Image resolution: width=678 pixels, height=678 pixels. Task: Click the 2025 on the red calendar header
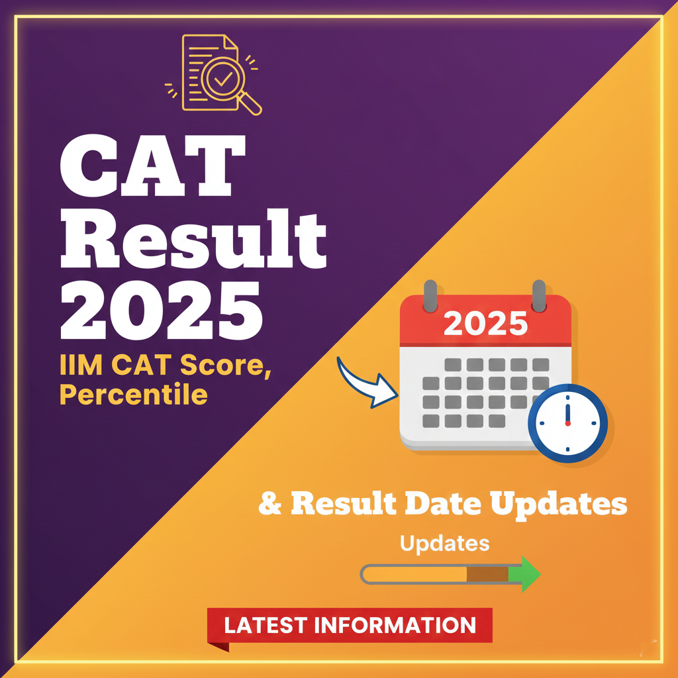(485, 324)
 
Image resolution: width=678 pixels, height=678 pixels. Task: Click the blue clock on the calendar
(567, 422)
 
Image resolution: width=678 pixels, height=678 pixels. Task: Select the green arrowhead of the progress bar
(528, 573)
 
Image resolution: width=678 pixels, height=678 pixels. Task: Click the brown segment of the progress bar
(487, 574)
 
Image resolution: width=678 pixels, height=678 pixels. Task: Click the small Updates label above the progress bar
(444, 544)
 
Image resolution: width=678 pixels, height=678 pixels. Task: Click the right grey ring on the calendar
(539, 293)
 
